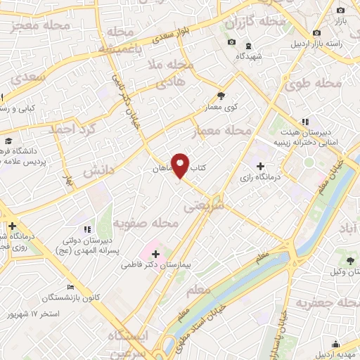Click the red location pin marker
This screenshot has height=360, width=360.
181,165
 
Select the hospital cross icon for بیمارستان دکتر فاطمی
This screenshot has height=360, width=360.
155,253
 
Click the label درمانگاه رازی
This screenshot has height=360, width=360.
260,178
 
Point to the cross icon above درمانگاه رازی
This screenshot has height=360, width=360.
260,166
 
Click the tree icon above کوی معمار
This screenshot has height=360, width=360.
221,96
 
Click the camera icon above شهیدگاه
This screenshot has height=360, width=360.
231,43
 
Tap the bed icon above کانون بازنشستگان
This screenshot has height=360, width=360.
70,288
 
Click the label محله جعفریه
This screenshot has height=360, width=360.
323,303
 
